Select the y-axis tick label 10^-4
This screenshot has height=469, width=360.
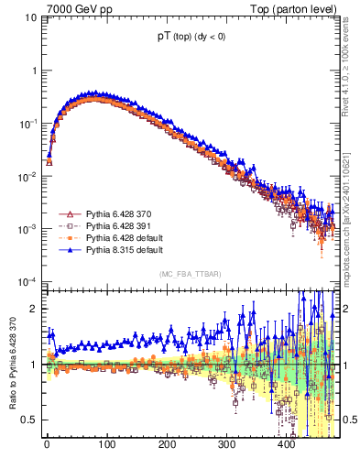pos(29,281)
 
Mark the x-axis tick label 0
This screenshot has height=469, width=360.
pos(47,445)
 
